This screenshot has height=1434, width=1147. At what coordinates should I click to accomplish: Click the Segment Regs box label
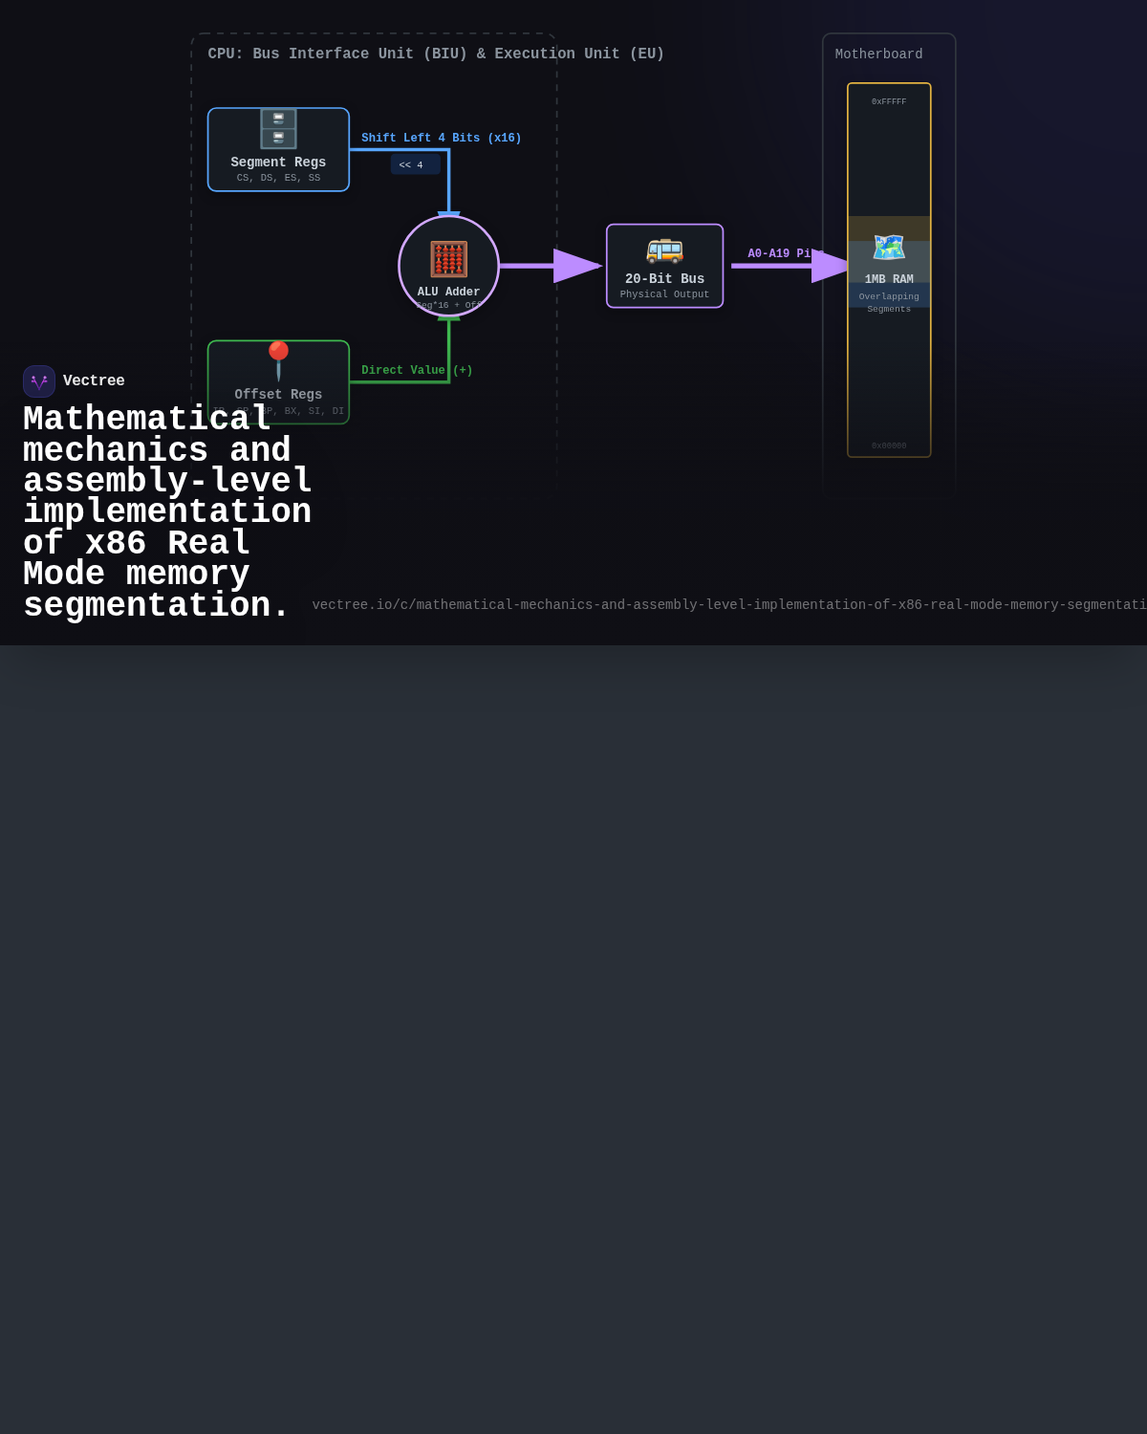coord(278,163)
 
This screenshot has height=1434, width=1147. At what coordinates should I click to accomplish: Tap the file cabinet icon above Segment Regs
coord(278,128)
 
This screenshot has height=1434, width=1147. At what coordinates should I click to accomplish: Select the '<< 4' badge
coord(415,164)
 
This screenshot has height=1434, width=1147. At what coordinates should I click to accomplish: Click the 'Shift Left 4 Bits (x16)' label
coord(441,139)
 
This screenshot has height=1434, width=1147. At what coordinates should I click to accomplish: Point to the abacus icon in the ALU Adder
coord(448,259)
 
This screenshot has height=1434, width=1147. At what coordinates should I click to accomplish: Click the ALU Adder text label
coord(448,293)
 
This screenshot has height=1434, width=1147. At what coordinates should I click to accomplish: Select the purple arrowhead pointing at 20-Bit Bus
coord(576,266)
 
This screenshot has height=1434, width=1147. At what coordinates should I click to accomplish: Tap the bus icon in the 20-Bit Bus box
coord(664,250)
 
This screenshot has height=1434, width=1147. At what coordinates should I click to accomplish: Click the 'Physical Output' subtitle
coord(664,294)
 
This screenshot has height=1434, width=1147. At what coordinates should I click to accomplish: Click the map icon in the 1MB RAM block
coord(889,248)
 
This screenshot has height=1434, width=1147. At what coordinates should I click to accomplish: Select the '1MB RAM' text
coord(889,279)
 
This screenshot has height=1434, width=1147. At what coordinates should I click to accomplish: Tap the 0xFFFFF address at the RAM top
coord(889,101)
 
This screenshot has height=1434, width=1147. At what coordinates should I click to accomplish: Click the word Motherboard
coord(878,54)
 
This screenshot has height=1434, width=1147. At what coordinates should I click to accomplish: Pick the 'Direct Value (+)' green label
coord(417,371)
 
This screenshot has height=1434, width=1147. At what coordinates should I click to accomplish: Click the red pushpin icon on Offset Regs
coord(278,360)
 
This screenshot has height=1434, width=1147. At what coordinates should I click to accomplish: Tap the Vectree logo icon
coord(39,381)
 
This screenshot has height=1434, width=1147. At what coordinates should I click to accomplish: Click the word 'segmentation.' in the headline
coord(156,605)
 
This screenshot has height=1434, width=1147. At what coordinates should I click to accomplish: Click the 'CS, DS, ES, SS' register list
coord(278,178)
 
